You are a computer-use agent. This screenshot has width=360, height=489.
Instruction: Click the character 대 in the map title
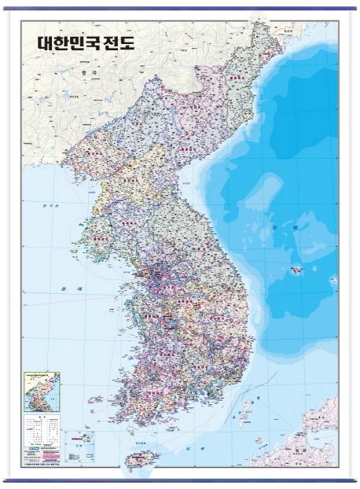pos(46,42)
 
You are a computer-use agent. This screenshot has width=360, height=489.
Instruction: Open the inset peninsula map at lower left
pos(42,391)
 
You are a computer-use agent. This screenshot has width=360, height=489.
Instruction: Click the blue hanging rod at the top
pos(180,9)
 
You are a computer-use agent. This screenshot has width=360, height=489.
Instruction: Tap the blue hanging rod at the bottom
pos(180,480)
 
